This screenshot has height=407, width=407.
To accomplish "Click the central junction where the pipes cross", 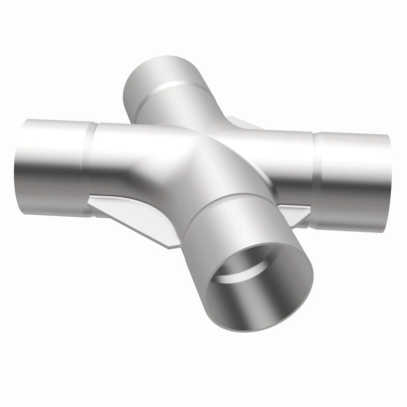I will pyautogui.click(x=203, y=153).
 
